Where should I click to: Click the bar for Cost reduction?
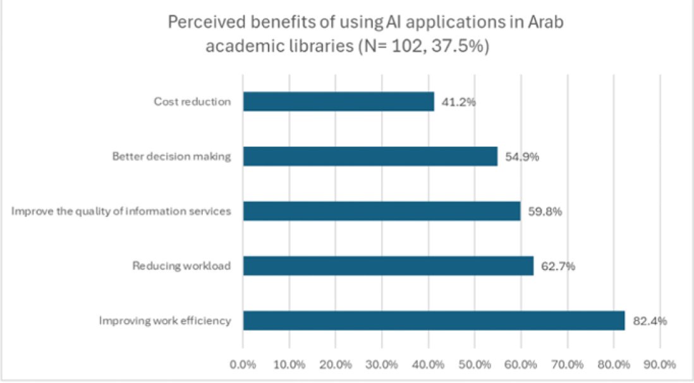338,102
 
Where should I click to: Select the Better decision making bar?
370,156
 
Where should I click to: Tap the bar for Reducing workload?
388,265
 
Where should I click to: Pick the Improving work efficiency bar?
434,320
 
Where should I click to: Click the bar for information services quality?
381,211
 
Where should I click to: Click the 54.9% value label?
521,157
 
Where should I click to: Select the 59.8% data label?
544,211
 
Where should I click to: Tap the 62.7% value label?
557,266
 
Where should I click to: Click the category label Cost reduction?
192,102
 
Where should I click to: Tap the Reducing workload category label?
181,266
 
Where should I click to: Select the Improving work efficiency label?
164,321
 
